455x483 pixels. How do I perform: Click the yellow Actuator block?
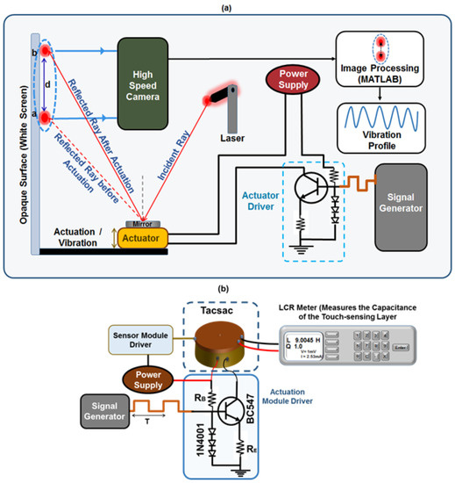pos(139,236)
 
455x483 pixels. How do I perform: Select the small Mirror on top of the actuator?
pos(140,220)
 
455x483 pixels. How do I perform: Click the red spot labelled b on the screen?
pos(42,50)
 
